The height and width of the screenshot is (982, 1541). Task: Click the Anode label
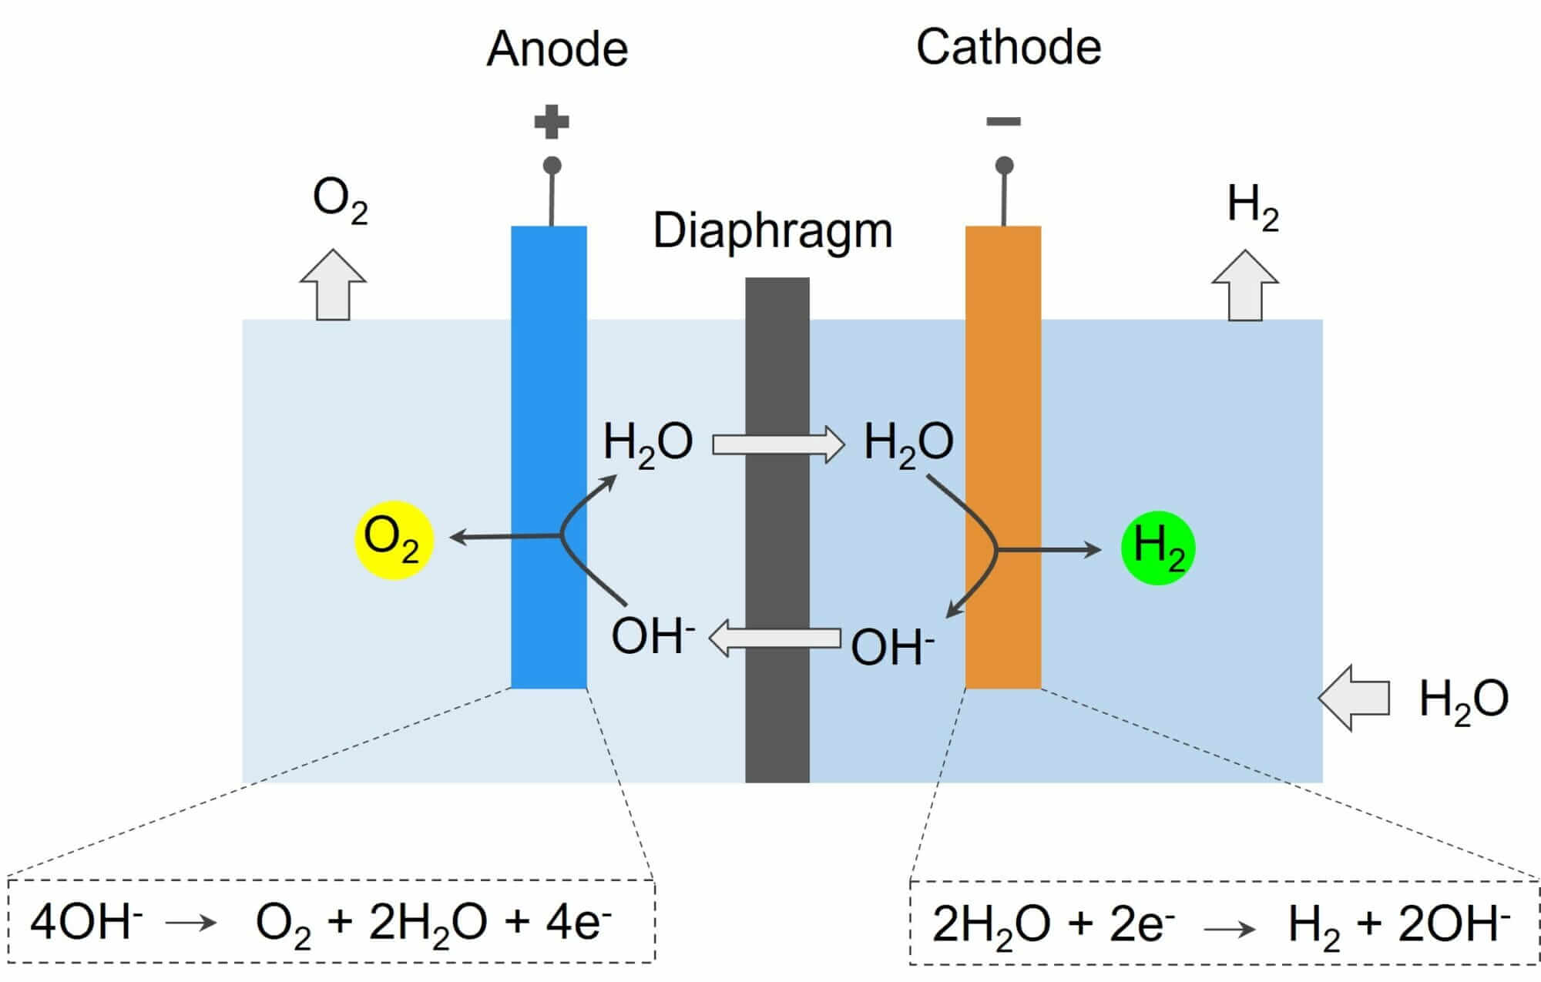point(557,49)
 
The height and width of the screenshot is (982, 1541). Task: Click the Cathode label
point(1009,47)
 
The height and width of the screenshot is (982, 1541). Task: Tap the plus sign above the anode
point(552,122)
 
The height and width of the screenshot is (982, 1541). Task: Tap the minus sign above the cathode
point(1004,121)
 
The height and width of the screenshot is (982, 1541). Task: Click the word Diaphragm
point(773,230)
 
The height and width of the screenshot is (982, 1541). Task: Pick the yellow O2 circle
point(394,539)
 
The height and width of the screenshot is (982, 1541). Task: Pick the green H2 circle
point(1158,548)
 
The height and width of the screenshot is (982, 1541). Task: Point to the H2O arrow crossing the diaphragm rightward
point(778,445)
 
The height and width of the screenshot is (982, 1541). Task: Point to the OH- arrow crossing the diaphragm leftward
point(774,639)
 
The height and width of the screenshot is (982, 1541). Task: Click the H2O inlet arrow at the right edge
point(1354,698)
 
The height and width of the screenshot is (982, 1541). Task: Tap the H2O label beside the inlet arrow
point(1463,700)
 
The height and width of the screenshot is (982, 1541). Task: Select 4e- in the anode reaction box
point(578,922)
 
